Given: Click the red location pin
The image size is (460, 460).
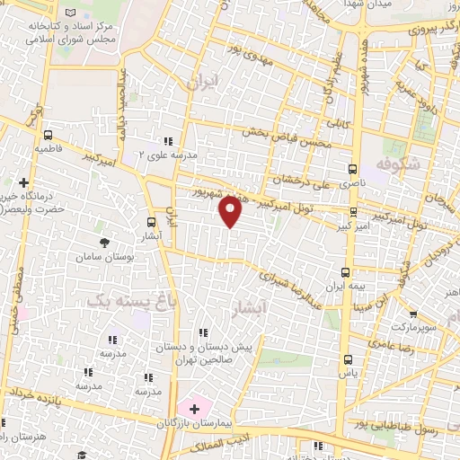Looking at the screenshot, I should [231, 212].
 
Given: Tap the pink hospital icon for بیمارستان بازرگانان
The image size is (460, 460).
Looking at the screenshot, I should [194, 409].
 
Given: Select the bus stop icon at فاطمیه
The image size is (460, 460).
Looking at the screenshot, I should [48, 135].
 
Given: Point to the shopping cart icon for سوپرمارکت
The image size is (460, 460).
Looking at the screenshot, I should [412, 315].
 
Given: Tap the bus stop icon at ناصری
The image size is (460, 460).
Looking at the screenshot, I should [352, 168].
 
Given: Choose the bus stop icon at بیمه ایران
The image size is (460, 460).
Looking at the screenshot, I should [346, 271].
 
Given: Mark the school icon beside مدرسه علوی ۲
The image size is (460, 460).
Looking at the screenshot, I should [168, 140].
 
